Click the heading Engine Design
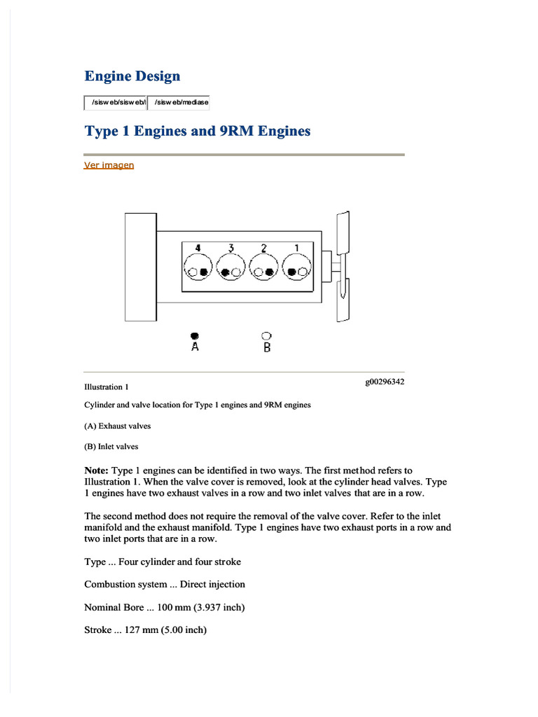tap(132, 76)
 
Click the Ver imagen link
tap(109, 165)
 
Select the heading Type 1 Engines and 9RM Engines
tap(197, 131)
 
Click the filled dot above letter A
tap(195, 335)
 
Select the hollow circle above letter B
tap(266, 335)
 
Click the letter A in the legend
tap(195, 347)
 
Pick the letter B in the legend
tap(267, 347)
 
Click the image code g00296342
tap(384, 382)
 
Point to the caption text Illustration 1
tap(106, 387)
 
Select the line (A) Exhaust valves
tap(117, 426)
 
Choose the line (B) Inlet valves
tap(111, 447)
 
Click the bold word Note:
tap(96, 471)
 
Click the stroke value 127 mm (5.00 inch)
tap(165, 630)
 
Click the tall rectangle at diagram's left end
tap(140, 266)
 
